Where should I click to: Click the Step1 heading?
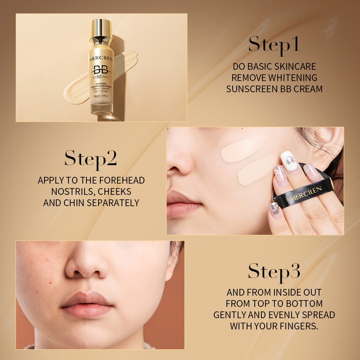click(x=274, y=45)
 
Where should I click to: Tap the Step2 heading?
click(x=90, y=158)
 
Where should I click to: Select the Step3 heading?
click(x=274, y=272)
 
